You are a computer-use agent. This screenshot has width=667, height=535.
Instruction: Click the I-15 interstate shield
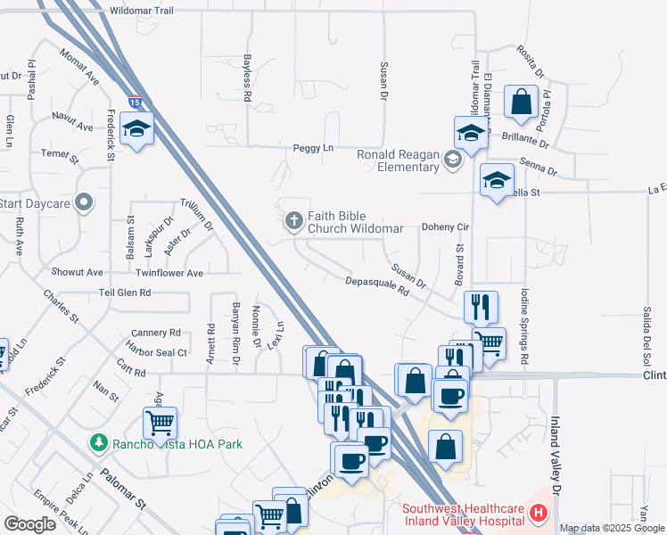click(133, 102)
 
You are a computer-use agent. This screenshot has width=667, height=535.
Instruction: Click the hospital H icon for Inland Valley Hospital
click(538, 514)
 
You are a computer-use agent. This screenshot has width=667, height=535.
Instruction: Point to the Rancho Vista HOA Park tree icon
click(97, 442)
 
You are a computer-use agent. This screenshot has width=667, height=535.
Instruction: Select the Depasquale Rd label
click(377, 286)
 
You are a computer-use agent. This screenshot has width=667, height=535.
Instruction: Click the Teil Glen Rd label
click(121, 292)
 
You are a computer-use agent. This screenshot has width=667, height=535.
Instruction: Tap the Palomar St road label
click(123, 490)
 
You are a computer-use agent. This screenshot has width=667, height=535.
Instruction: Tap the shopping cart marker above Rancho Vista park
click(160, 423)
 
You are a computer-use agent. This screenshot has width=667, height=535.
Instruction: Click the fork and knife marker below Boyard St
click(481, 307)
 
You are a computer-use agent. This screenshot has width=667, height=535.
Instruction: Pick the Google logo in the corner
click(29, 524)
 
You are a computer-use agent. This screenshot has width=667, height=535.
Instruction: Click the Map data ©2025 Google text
click(613, 529)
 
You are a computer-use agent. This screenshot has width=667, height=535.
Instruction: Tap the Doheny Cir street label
click(445, 227)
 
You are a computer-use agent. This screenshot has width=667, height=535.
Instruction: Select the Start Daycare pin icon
click(84, 202)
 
